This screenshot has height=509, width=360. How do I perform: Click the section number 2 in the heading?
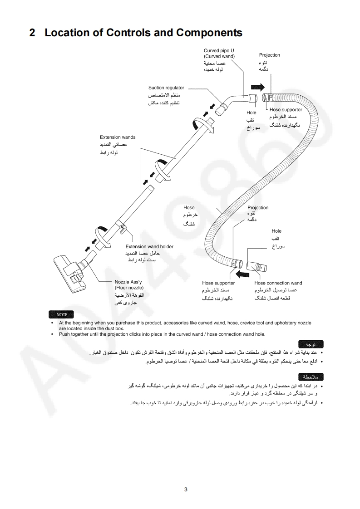(32, 33)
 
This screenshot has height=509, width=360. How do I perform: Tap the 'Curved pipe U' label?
(219, 50)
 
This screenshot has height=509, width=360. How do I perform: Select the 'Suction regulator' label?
(166, 88)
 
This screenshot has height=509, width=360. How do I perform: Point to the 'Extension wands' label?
(118, 137)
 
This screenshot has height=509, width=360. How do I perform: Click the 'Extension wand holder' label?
(149, 247)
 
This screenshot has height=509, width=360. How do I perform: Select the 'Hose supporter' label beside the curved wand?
(286, 109)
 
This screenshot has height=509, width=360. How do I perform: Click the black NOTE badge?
(62, 315)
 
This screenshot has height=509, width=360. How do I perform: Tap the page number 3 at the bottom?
(186, 489)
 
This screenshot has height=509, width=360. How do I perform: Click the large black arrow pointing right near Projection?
(257, 87)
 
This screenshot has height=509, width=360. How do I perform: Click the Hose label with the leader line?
(189, 208)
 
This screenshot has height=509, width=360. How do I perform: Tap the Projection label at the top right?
(270, 55)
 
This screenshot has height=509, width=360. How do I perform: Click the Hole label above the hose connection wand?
(276, 231)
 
